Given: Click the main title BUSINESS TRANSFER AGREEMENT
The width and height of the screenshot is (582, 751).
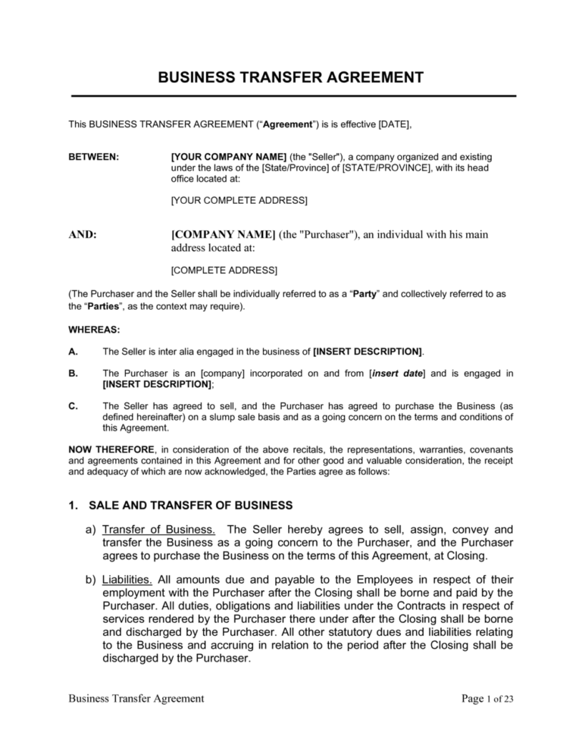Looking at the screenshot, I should pyautogui.click(x=291, y=77).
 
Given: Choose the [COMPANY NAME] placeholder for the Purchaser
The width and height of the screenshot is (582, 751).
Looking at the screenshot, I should pyautogui.click(x=224, y=235).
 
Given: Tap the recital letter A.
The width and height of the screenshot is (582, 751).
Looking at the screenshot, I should pyautogui.click(x=71, y=352).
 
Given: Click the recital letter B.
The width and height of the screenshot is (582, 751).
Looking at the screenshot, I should pyautogui.click(x=71, y=373).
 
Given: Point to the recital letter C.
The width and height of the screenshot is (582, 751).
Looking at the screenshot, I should pyautogui.click(x=72, y=405).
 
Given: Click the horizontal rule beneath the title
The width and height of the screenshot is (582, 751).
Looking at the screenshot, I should pyautogui.click(x=291, y=96).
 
